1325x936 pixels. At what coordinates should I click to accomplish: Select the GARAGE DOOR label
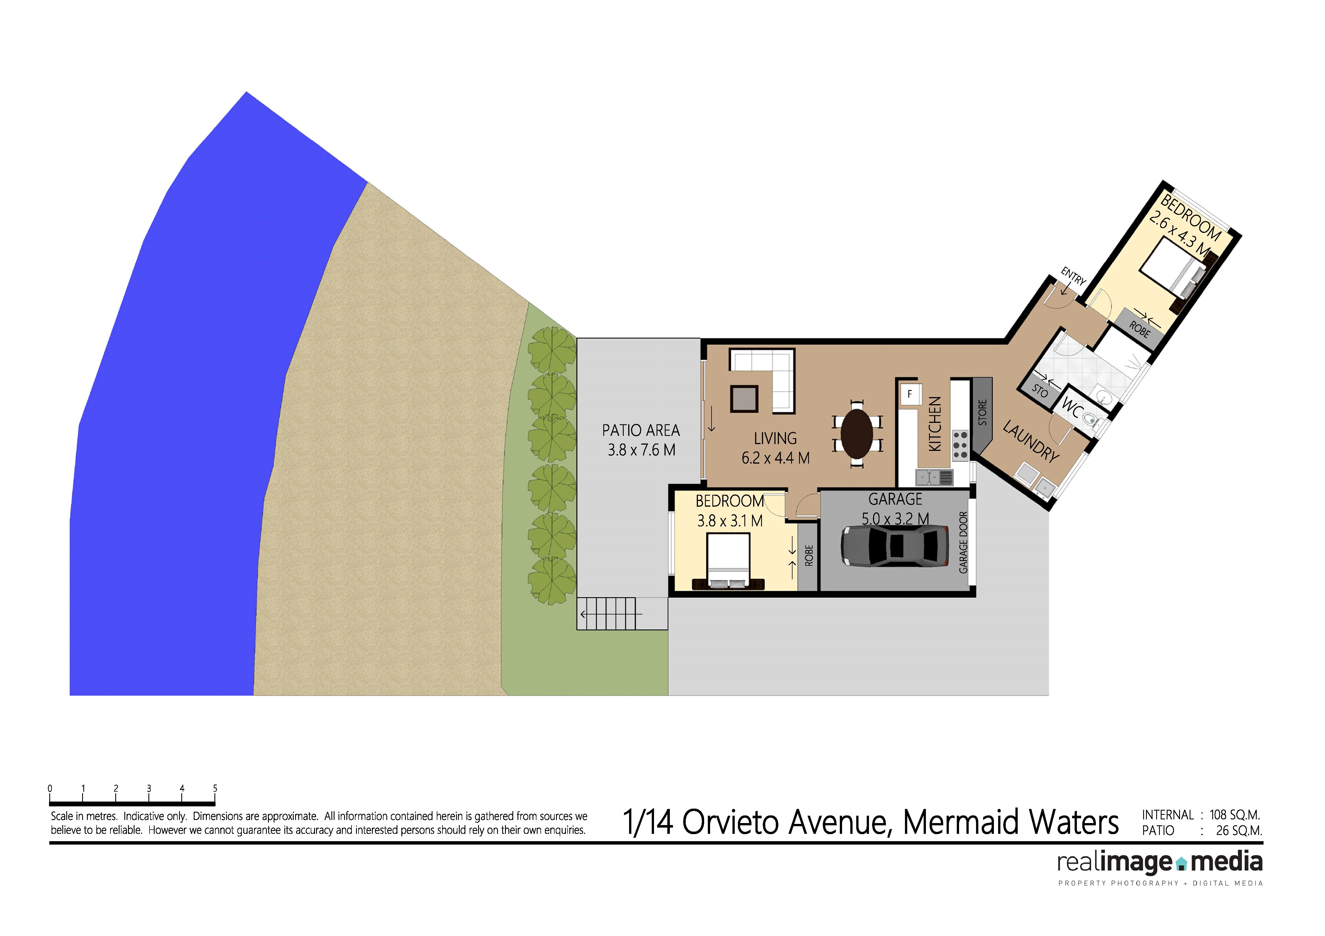pos(963,542)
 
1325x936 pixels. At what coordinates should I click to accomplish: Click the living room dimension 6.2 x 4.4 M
pos(776,458)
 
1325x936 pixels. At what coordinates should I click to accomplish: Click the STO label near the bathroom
pos(1040,391)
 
